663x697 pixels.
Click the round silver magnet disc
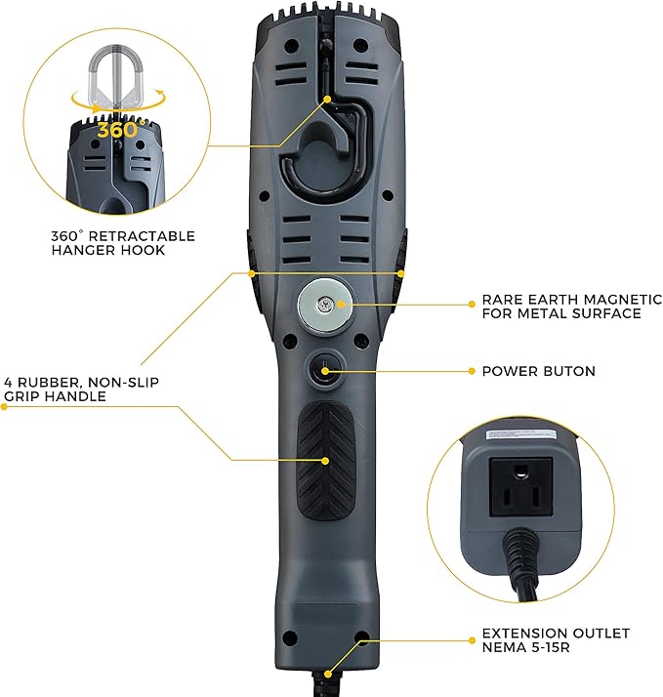(x=324, y=303)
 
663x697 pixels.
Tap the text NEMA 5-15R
(x=529, y=647)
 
